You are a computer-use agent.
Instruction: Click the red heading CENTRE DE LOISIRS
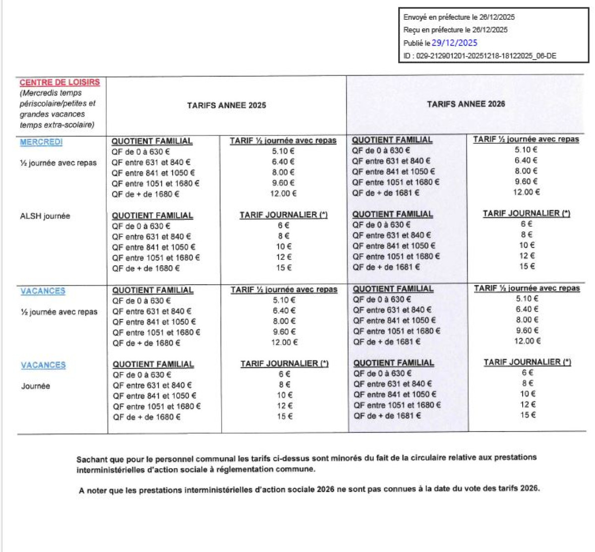[x=59, y=82]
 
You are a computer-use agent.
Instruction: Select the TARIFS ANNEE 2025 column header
[x=226, y=105]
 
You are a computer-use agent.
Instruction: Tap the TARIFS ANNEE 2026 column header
[x=466, y=104]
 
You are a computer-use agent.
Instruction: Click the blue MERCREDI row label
[x=41, y=142]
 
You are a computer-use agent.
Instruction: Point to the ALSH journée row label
[x=45, y=216]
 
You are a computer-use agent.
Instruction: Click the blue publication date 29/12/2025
[x=454, y=43]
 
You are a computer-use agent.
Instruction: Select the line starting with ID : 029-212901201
[x=479, y=56]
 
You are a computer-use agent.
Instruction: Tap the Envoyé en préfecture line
[x=459, y=17]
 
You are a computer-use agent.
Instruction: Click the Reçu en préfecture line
[x=455, y=30]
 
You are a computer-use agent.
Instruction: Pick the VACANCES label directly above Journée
[x=43, y=365]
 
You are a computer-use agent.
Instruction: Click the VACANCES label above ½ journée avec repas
[x=43, y=291]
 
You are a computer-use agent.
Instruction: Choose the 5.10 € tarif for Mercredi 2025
[x=283, y=151]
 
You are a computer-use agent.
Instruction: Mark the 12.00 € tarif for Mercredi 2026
[x=526, y=192]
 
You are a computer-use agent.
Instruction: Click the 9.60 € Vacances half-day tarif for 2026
[x=527, y=330]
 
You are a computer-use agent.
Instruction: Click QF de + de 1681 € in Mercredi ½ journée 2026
[x=386, y=193]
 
